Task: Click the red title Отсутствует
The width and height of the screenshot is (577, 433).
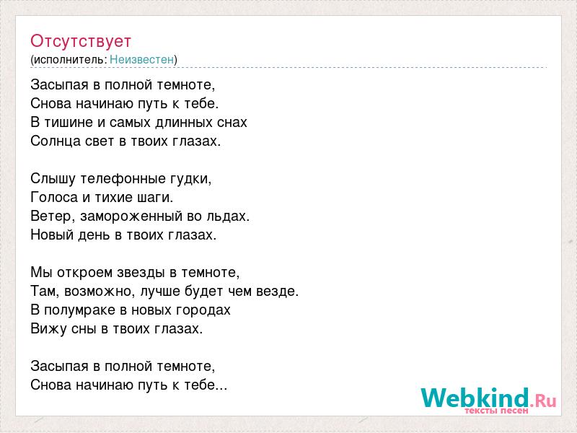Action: [x=81, y=41]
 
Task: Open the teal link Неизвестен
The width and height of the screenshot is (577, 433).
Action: [x=141, y=59]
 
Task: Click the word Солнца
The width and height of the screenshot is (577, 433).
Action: [x=56, y=141]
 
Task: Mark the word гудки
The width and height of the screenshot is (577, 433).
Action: [x=190, y=179]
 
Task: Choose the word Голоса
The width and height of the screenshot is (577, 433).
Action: [x=54, y=197]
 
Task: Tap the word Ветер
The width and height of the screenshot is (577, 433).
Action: [x=52, y=216]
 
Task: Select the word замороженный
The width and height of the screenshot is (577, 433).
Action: [x=131, y=216]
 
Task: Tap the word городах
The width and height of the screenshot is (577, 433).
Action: [x=203, y=310]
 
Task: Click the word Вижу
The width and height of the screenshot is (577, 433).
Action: [x=46, y=329]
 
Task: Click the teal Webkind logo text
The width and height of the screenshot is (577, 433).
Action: [x=475, y=398]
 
